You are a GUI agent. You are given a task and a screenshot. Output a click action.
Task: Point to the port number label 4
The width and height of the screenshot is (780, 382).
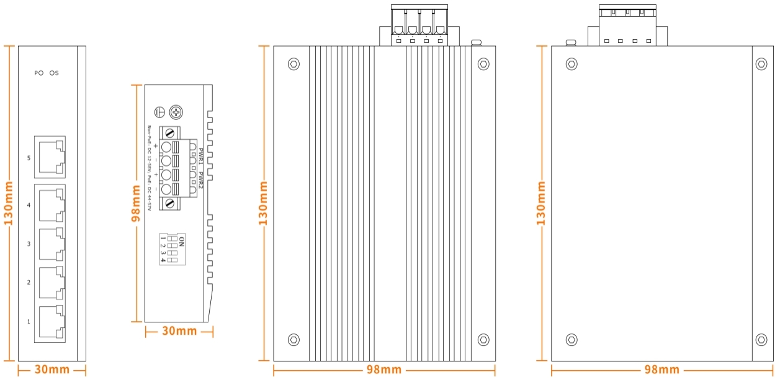pos(29,205)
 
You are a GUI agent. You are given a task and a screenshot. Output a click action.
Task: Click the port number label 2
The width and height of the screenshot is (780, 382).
pos(29,283)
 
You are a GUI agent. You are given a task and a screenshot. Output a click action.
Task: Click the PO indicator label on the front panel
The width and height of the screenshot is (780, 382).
pos(38,73)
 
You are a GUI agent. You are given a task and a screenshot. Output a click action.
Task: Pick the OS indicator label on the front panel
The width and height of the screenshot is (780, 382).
pos(54,73)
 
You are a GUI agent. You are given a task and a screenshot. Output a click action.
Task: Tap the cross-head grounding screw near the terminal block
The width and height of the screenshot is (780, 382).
pos(177,112)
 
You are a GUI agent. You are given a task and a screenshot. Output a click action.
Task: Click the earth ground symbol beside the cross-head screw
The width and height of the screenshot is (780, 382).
pos(159,112)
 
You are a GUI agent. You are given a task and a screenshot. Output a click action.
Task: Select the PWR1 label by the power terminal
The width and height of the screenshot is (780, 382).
pos(201,153)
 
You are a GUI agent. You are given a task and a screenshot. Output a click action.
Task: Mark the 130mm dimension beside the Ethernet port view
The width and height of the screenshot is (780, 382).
pos(9,204)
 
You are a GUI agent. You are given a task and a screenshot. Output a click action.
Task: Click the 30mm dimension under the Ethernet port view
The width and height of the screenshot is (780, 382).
pos(52,370)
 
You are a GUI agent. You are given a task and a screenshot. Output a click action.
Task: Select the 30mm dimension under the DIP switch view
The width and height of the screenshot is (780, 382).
pos(179,331)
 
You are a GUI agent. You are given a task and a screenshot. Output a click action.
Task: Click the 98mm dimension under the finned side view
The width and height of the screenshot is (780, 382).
pos(383,370)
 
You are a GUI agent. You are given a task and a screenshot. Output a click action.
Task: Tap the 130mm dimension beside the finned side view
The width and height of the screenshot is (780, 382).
pos(264,204)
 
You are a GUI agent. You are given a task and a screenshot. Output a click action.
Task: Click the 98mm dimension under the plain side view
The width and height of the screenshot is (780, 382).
pos(661,370)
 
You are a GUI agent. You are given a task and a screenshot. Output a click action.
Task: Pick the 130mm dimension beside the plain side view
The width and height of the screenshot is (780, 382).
pos(541,204)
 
